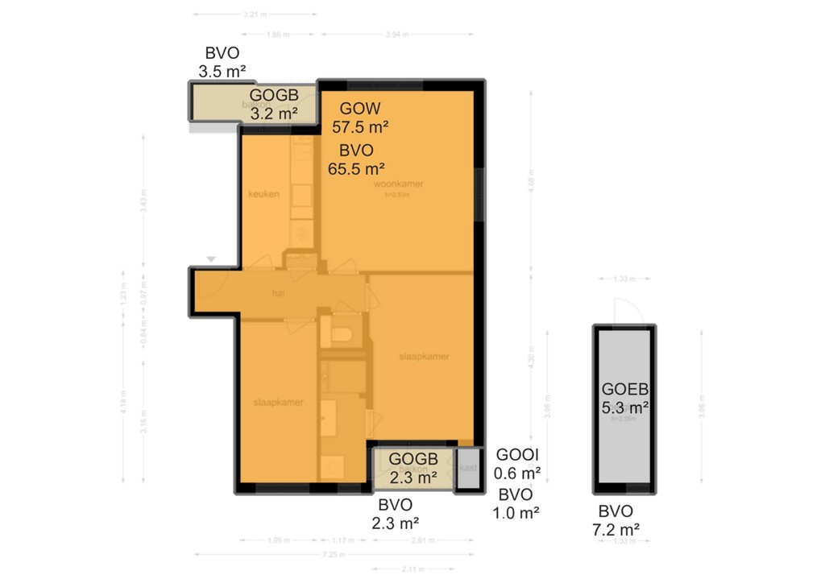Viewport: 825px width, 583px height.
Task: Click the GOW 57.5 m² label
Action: coord(360,117)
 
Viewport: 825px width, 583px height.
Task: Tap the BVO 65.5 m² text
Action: coord(356,159)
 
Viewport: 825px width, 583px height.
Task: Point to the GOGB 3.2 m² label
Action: coord(274,105)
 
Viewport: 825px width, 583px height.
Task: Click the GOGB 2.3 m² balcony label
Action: coord(413,467)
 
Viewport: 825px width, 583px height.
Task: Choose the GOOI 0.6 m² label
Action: coord(518,462)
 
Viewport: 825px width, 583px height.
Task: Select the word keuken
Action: coord(263,193)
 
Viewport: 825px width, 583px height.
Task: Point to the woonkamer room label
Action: coord(398,184)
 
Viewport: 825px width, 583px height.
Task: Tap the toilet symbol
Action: coord(339,333)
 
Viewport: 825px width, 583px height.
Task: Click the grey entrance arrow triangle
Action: coord(210,259)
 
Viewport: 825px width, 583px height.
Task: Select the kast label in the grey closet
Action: coord(467,468)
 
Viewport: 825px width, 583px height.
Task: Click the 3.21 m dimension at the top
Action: coord(255,14)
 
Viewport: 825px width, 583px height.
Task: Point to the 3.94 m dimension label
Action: coord(397,34)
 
